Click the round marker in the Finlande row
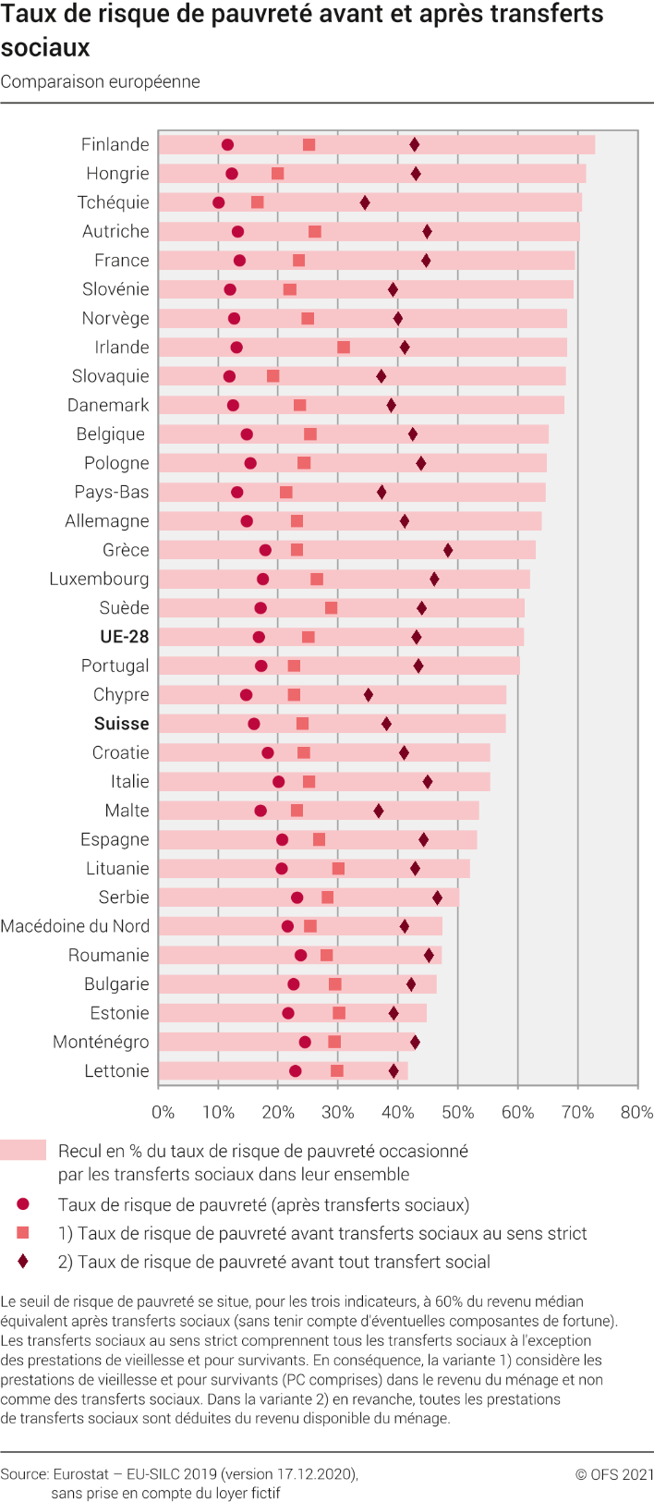click(x=227, y=145)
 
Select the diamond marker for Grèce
click(x=448, y=551)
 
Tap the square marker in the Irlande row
click(x=343, y=348)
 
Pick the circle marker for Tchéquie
click(x=218, y=202)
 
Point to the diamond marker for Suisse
click(x=386, y=724)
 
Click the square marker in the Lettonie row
click(x=337, y=1071)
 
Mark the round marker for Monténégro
click(x=305, y=1042)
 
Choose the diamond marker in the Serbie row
click(x=437, y=898)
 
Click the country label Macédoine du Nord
click(x=75, y=926)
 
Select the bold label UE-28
click(x=125, y=636)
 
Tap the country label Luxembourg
click(x=99, y=579)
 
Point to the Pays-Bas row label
click(x=112, y=492)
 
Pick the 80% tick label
click(x=636, y=1113)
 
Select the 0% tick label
click(x=163, y=1113)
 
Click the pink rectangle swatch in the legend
click(x=23, y=1149)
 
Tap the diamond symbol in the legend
click(x=23, y=1262)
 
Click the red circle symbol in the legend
click(x=23, y=1204)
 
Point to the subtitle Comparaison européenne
click(x=101, y=82)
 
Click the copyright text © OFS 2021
click(x=614, y=1474)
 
